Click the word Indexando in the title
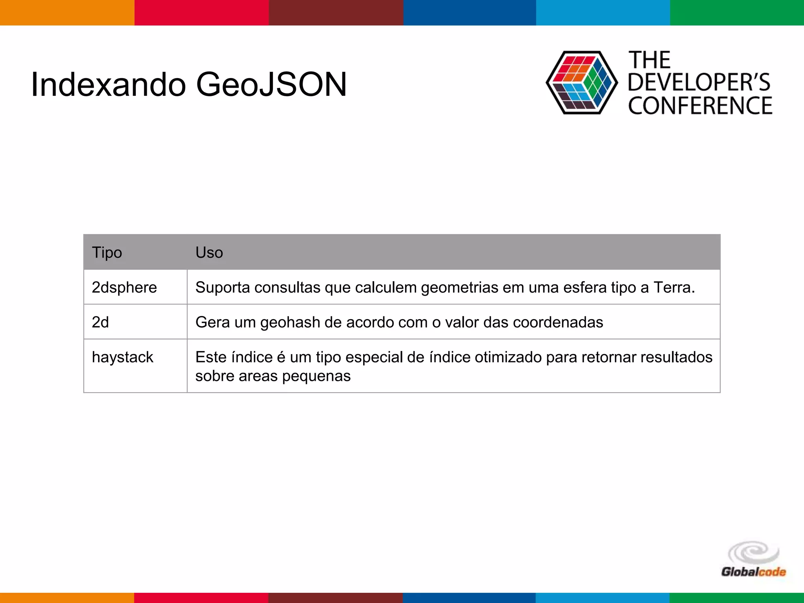[108, 84]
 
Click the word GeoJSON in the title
[271, 84]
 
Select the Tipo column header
[107, 252]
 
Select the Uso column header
[209, 252]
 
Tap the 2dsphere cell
[124, 287]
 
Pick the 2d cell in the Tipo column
[100, 322]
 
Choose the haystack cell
[122, 357]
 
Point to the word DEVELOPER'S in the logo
[699, 82]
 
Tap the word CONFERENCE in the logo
[700, 106]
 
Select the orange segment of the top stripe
[67, 13]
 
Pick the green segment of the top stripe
[737, 13]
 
